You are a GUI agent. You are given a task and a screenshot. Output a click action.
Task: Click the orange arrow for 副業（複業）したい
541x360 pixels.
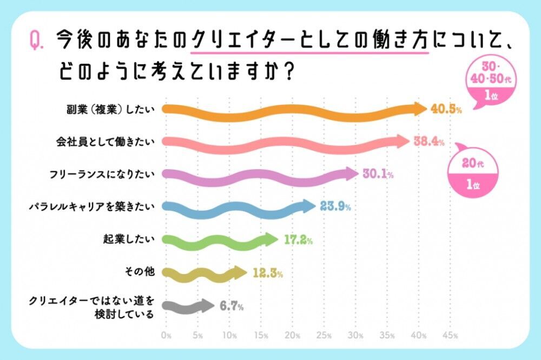[x=292, y=109]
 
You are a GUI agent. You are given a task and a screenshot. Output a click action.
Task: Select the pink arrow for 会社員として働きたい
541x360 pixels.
[x=284, y=142]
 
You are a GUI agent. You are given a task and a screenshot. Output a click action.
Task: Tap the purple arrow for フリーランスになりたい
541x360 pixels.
[x=260, y=174]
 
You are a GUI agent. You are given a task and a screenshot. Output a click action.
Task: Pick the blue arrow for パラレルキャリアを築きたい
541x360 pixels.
[x=238, y=206]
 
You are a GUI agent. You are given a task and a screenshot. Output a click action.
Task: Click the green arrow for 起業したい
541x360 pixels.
[x=219, y=239]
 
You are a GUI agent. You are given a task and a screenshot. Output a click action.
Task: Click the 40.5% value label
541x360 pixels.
[x=446, y=109]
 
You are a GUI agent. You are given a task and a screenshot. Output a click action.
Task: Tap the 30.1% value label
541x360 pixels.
[x=377, y=174]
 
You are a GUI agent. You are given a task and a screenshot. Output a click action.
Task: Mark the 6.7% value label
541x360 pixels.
[x=231, y=306]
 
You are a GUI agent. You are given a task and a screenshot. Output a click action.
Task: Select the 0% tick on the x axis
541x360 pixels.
[x=167, y=336]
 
